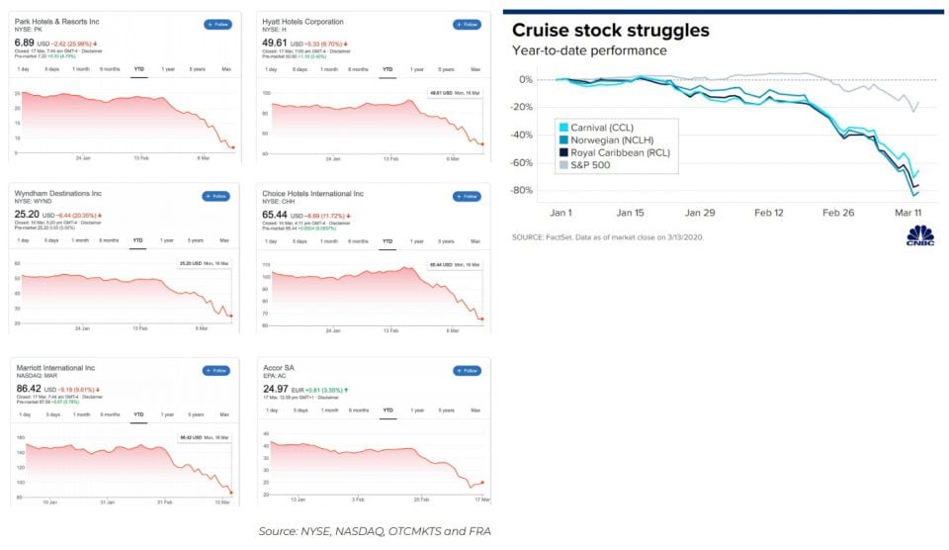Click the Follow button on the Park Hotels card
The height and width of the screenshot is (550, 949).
[217, 24]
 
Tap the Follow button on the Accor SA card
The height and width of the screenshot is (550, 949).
[466, 370]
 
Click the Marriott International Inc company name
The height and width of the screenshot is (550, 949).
[56, 368]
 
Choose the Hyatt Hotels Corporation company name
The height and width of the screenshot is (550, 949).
[302, 21]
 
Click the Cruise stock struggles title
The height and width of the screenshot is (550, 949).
[610, 30]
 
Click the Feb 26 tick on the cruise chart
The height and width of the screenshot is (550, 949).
[837, 213]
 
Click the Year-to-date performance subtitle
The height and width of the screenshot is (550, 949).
[589, 50]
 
